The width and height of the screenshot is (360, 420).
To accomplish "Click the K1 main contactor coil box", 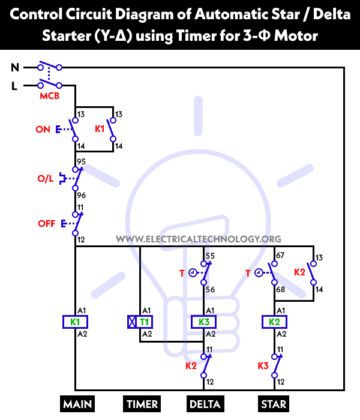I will tap(75, 322).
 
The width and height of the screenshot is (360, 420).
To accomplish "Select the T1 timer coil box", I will tap(140, 322).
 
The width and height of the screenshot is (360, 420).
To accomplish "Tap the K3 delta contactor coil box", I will tap(205, 322).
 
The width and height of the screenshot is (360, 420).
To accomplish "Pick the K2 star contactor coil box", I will tap(274, 322).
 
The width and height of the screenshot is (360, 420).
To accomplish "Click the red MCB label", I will tap(50, 96).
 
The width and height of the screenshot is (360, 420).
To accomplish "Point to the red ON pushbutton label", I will tap(43, 129).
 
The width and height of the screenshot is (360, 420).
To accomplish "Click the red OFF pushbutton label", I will tap(46, 223).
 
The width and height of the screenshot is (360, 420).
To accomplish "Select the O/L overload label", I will tap(46, 179).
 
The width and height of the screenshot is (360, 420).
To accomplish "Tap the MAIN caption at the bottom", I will tap(77, 404).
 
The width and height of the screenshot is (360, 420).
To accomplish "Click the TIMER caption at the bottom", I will tap(142, 404).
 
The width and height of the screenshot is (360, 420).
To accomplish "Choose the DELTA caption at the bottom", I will tap(204, 404).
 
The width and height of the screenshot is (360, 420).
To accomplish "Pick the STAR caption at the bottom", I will tap(274, 404).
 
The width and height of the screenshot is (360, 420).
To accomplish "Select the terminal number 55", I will tap(210, 256).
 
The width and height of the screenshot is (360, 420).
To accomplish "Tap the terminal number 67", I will tap(280, 256).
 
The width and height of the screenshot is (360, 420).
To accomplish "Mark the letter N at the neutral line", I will tap(15, 68).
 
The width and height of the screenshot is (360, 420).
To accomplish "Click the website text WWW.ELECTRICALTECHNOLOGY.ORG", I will tap(198, 239).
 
